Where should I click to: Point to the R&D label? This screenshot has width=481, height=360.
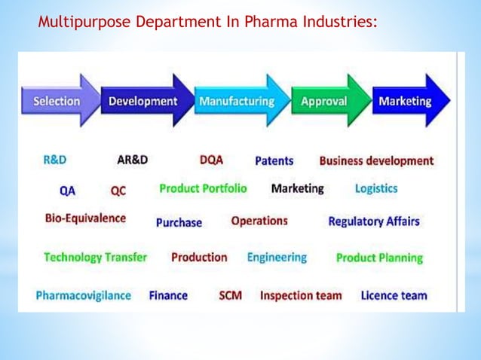[54, 160]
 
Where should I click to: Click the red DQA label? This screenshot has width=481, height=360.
[211, 160]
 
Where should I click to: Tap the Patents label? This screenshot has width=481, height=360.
[274, 160]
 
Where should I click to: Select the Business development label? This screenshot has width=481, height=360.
[376, 160]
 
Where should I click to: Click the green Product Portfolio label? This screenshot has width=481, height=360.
[203, 188]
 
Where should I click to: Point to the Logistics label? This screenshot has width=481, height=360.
[376, 188]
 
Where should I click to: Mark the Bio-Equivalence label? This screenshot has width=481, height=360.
[85, 219]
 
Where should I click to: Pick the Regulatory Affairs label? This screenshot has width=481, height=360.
[374, 221]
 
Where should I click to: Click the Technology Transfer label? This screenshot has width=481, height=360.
[95, 257]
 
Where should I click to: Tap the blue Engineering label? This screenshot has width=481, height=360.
[277, 257]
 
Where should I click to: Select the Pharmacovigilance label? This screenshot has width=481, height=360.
[83, 295]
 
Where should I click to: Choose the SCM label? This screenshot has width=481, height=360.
[230, 295]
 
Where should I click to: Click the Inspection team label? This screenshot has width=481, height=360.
[301, 295]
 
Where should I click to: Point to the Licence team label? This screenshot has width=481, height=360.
[394, 295]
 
